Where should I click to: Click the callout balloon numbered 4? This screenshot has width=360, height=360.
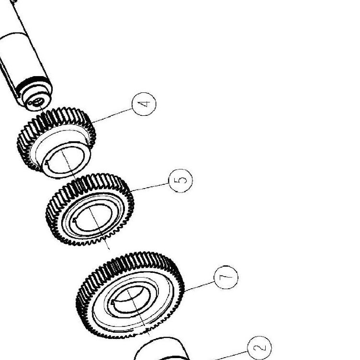[x=144, y=104]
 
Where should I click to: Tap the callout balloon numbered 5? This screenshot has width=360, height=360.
[x=180, y=180]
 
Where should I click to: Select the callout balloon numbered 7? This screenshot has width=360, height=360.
[x=226, y=277]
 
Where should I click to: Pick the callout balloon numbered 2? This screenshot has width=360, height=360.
[x=259, y=348]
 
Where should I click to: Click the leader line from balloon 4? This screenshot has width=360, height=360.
[x=112, y=116]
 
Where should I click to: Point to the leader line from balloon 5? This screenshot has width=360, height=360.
[x=149, y=187]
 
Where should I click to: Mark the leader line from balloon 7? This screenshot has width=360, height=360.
[x=199, y=287]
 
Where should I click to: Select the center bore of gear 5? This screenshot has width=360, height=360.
[x=93, y=217]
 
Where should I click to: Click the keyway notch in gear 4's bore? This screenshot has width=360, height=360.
[x=46, y=163]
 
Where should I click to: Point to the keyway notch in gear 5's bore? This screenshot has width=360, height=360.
[x=74, y=221]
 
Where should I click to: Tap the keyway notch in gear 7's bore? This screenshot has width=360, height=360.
[x=112, y=303]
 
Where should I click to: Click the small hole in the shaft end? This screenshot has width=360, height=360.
[x=38, y=101]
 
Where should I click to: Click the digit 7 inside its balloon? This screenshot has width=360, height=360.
[x=226, y=277]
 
